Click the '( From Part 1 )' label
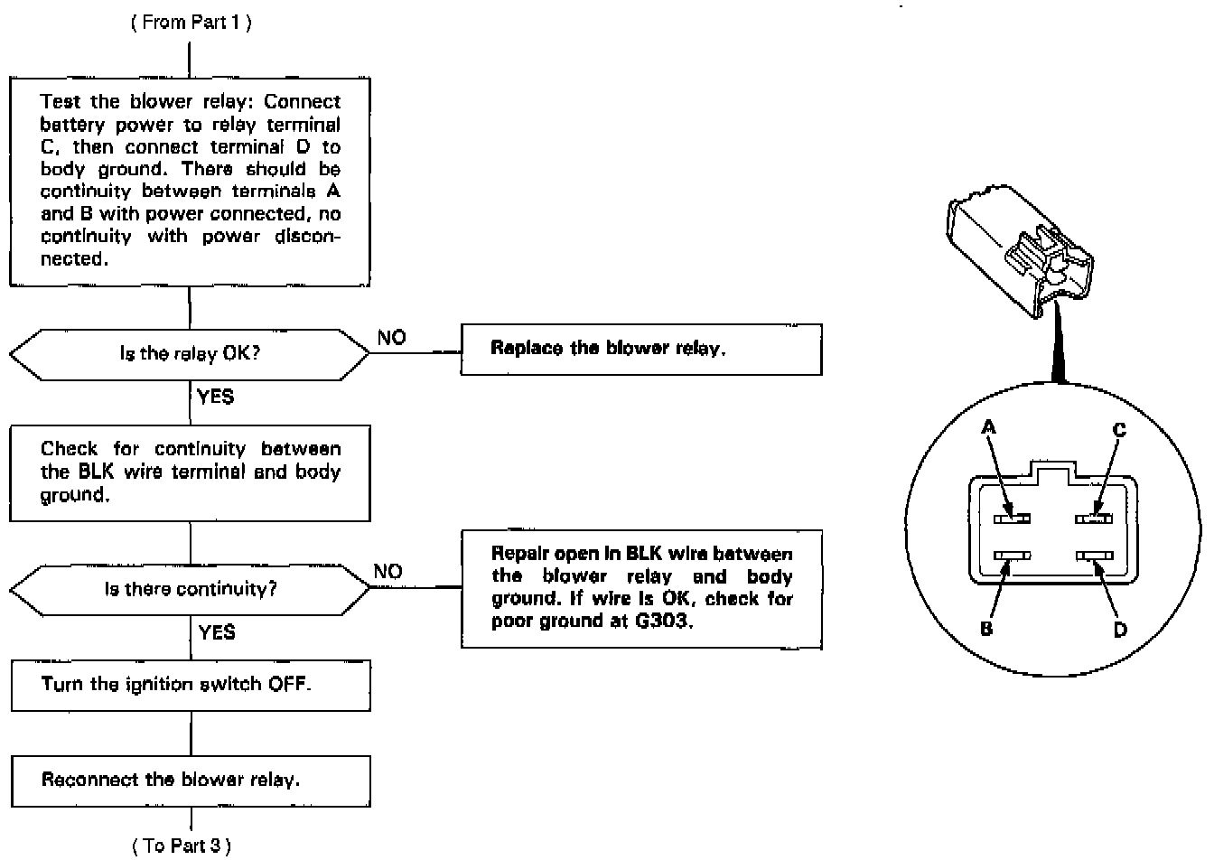coord(191,23)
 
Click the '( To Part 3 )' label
coord(182,846)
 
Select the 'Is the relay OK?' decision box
coord(190,353)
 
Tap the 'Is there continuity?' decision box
coord(190,589)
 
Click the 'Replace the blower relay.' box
coord(641,349)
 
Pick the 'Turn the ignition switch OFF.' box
coord(190,684)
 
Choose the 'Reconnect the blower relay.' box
coord(190,780)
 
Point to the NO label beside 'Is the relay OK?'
coord(391,338)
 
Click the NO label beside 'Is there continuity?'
coord(388,572)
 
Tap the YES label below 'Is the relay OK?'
coord(215,397)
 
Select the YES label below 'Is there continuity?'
coord(217,632)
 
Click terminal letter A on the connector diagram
coord(989,429)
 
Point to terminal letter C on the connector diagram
coord(1119,430)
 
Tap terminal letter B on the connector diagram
coord(986,628)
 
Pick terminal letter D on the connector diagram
coord(1120,629)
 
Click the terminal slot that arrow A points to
coord(1012,519)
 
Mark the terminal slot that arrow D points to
coord(1094,556)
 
